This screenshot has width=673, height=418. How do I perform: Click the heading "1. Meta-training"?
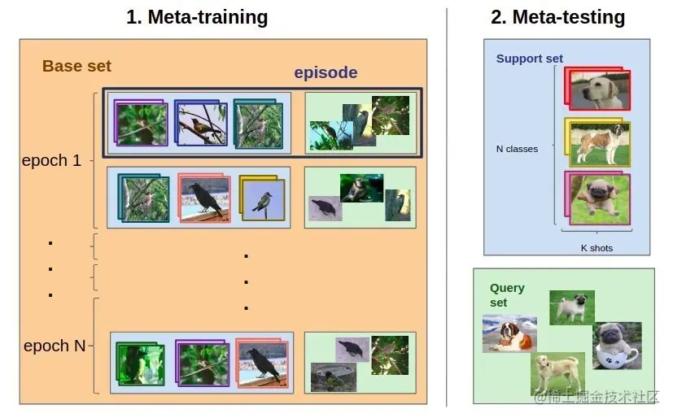196,16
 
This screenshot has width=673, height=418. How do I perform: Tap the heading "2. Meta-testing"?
557,16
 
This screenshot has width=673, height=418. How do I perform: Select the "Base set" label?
76,66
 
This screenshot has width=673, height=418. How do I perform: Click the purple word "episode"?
326,72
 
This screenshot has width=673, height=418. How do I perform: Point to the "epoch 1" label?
51,160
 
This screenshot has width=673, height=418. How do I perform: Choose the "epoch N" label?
54,346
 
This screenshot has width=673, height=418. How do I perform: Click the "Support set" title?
530,59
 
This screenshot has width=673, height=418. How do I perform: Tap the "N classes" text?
517,149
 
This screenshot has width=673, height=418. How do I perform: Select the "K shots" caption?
597,247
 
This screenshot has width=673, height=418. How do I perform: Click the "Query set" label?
507,295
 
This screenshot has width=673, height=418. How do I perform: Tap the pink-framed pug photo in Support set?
600,198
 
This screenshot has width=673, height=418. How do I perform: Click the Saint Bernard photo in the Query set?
509,334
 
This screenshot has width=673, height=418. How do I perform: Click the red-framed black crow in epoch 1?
205,198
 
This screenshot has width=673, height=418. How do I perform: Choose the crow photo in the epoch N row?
263,363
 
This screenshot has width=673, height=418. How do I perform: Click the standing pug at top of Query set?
571,307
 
